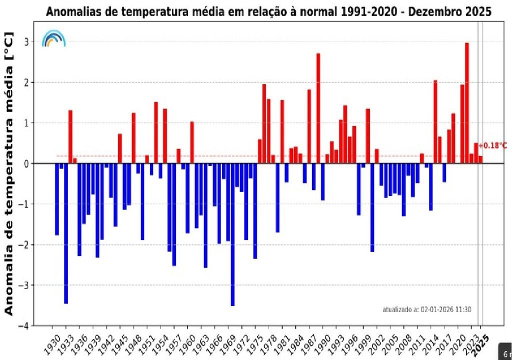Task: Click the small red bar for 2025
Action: pyautogui.click(x=480, y=159)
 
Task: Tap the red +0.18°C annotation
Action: pyautogui.click(x=492, y=145)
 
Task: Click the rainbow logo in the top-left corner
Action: pyautogui.click(x=53, y=38)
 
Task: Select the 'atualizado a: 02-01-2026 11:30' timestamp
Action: pyautogui.click(x=426, y=309)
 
